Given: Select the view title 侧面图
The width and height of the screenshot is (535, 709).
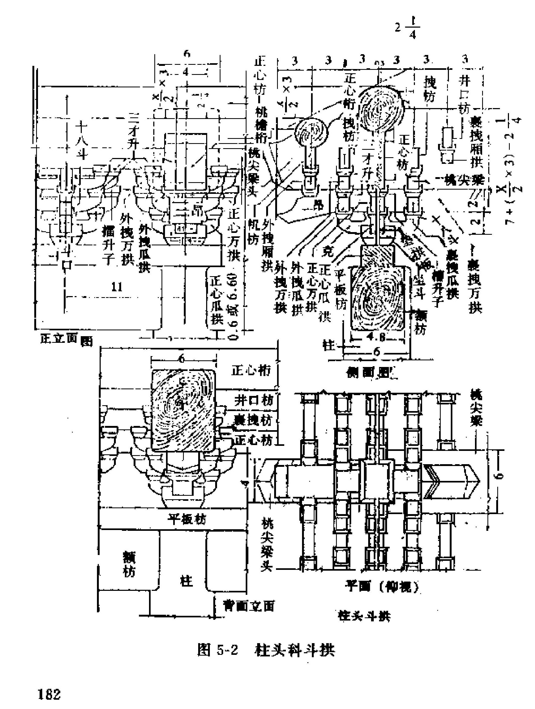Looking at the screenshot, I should (x=370, y=372).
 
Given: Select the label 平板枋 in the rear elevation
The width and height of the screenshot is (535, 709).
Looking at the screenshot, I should (x=187, y=518).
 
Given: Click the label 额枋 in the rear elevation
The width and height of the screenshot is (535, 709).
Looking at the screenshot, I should (x=129, y=566).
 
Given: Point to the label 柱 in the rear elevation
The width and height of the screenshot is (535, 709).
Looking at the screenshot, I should (x=186, y=581).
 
